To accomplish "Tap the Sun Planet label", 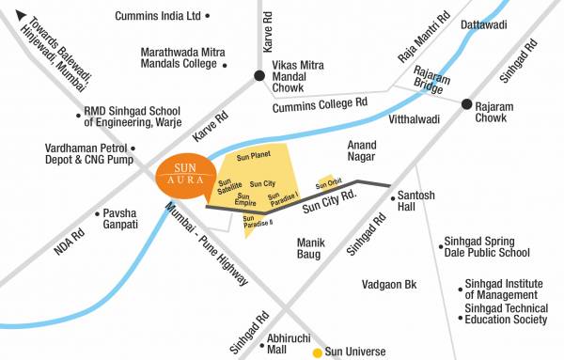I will pyautogui.click(x=254, y=154).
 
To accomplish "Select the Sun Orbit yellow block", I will pyautogui.click(x=328, y=182).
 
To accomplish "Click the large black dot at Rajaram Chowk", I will pyautogui.click(x=466, y=106).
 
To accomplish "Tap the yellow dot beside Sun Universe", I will pyautogui.click(x=317, y=352).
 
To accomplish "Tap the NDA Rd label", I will pyautogui.click(x=63, y=243).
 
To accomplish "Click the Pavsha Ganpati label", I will pyautogui.click(x=119, y=218).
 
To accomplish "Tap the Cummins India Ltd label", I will pyautogui.click(x=158, y=16).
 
